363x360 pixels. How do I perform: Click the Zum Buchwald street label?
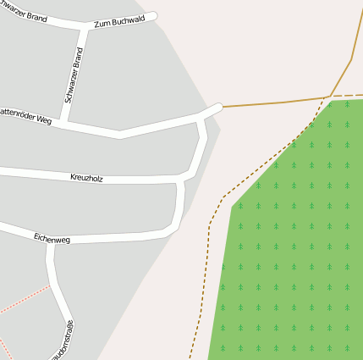(119, 20)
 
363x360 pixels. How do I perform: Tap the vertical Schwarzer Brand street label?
(74, 75)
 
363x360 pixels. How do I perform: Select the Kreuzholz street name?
(86, 178)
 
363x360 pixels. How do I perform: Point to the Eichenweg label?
(52, 240)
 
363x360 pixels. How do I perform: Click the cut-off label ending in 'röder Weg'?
(25, 116)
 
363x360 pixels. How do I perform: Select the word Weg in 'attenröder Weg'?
(44, 120)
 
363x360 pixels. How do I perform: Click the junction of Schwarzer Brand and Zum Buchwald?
(85, 28)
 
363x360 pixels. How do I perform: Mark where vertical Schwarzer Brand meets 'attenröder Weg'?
(63, 122)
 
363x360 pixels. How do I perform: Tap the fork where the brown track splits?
(330, 96)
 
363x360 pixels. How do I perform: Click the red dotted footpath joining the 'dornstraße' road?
(25, 298)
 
